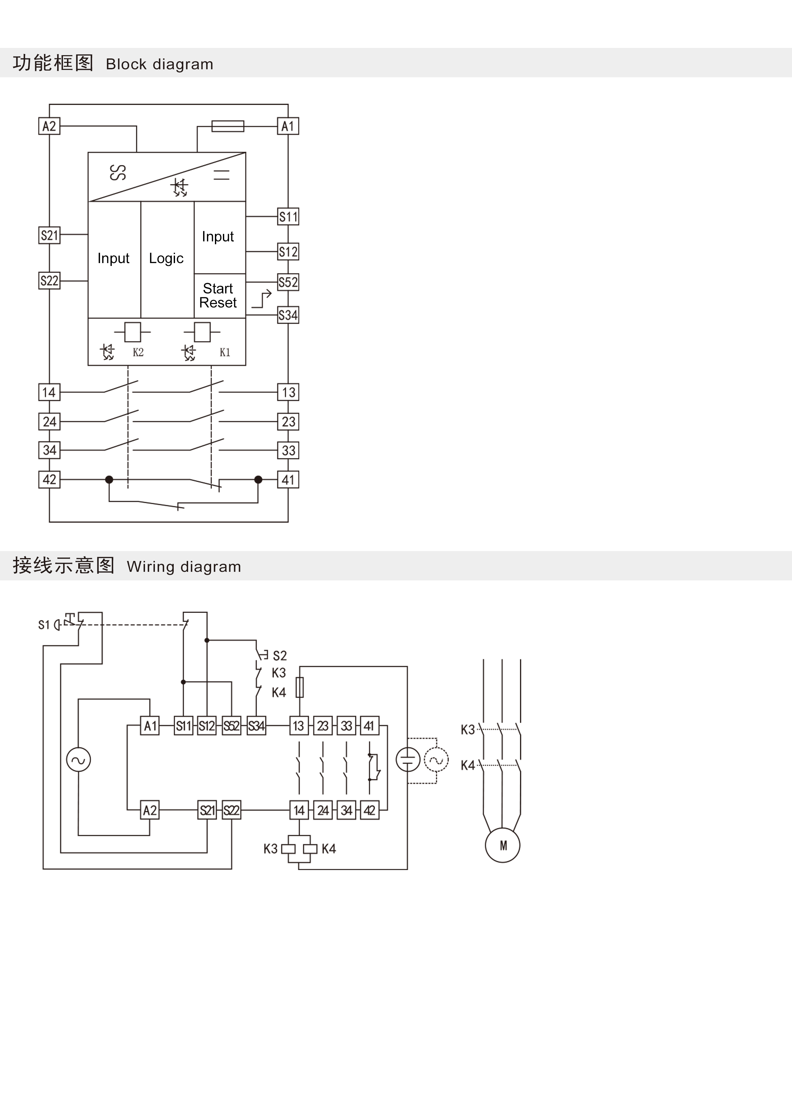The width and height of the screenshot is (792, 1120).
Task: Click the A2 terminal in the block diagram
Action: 49,126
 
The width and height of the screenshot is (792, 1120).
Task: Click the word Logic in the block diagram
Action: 166,259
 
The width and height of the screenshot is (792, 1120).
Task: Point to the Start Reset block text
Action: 218,296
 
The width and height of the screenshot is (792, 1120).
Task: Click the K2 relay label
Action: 138,352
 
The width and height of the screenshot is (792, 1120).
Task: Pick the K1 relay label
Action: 225,352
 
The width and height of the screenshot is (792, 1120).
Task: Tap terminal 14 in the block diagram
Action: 49,392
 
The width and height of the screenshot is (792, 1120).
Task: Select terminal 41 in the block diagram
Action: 288,480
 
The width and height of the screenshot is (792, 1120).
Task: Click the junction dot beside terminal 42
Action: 109,480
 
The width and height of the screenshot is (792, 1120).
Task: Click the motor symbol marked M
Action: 503,845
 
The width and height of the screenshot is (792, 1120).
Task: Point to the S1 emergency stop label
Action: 44,625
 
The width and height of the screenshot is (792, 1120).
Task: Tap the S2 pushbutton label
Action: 280,655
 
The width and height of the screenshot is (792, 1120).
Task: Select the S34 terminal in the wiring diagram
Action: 256,726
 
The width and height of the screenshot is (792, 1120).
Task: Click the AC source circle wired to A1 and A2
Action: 79,760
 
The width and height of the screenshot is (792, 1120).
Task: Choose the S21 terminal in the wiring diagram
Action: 207,810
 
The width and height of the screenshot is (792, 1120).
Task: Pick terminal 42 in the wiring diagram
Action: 369,810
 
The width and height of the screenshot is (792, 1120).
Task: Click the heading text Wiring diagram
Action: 184,566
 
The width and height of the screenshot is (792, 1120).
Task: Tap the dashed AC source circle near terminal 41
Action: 436,760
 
